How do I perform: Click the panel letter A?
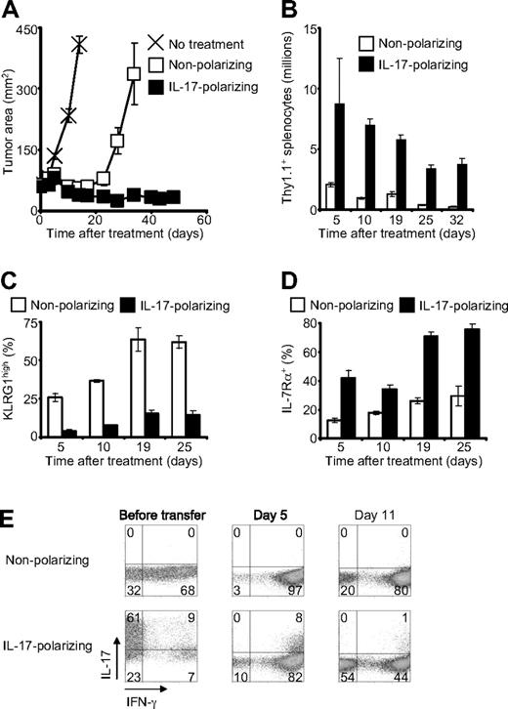(x=13, y=12)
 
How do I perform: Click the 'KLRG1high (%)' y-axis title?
(x=13, y=383)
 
